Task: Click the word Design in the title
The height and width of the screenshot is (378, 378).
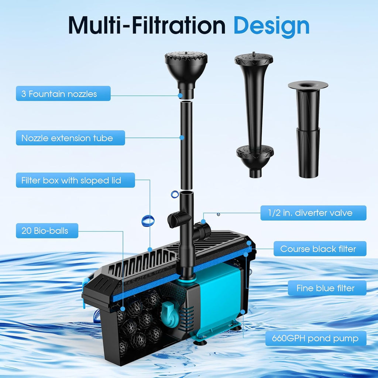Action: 271,27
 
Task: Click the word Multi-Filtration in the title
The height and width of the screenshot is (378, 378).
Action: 147,25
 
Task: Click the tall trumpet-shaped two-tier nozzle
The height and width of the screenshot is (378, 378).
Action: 254,114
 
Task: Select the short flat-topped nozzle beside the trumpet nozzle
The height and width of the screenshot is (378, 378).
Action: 308,130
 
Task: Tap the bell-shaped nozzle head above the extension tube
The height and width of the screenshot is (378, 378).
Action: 186,75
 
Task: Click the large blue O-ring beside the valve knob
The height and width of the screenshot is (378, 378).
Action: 148,221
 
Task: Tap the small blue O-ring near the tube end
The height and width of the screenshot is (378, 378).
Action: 175,194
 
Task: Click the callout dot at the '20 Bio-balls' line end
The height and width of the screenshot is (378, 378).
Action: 123,309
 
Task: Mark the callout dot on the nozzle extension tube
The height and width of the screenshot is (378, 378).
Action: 182,138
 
